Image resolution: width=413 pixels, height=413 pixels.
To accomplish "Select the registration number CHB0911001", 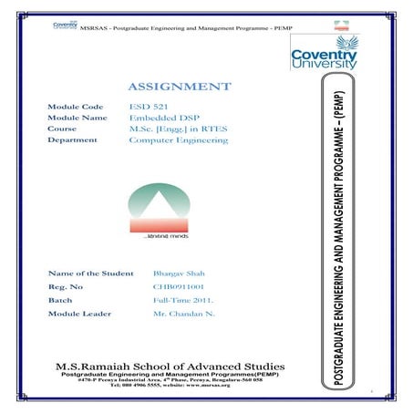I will click(178, 286).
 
